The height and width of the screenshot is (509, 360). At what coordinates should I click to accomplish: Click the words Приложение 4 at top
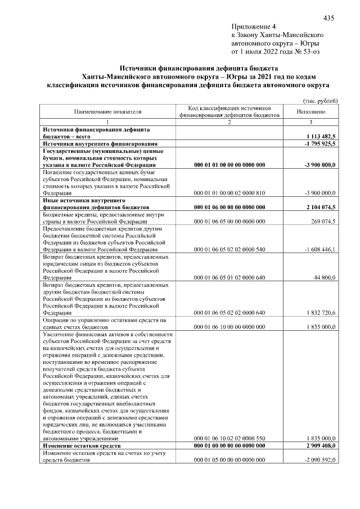click(254, 26)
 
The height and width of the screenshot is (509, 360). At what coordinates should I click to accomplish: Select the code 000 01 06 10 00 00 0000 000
click(229, 327)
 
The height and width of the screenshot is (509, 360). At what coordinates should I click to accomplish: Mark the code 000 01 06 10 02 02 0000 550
click(229, 438)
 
